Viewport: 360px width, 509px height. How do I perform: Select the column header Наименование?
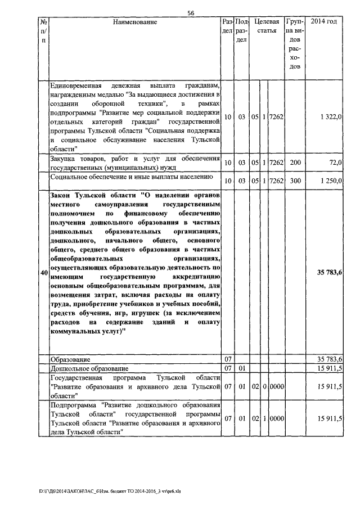(135, 22)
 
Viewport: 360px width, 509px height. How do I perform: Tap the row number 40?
(43, 273)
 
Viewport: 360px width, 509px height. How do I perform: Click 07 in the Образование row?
(228, 359)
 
